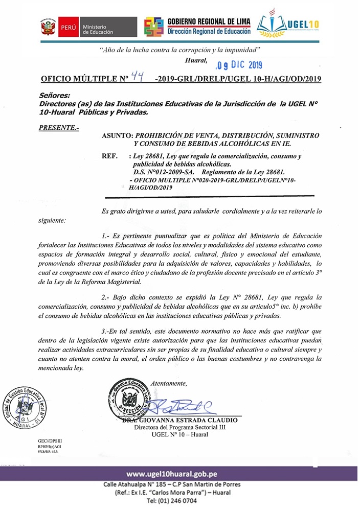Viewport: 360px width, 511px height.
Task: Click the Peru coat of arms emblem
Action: [47, 27]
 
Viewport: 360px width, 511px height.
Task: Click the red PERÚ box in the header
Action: [67, 27]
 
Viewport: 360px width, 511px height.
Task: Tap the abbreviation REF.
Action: [110, 155]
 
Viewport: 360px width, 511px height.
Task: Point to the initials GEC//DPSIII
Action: [50, 440]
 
